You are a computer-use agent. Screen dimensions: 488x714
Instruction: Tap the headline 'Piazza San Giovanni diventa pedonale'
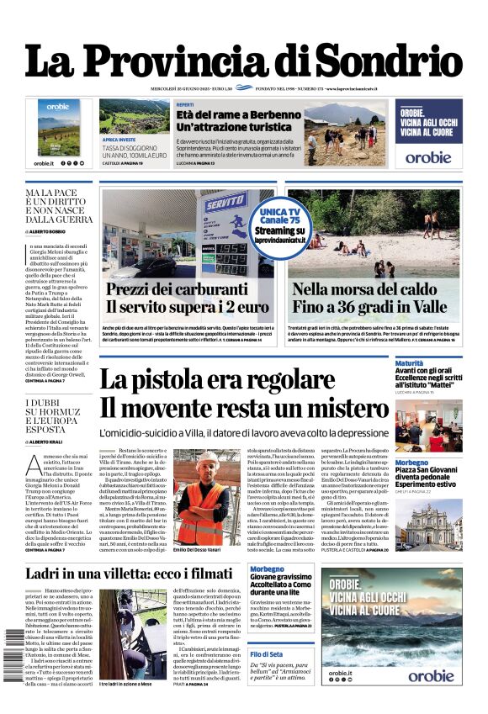coord(428,477)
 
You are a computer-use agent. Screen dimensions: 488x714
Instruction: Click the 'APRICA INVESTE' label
coord(119,140)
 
